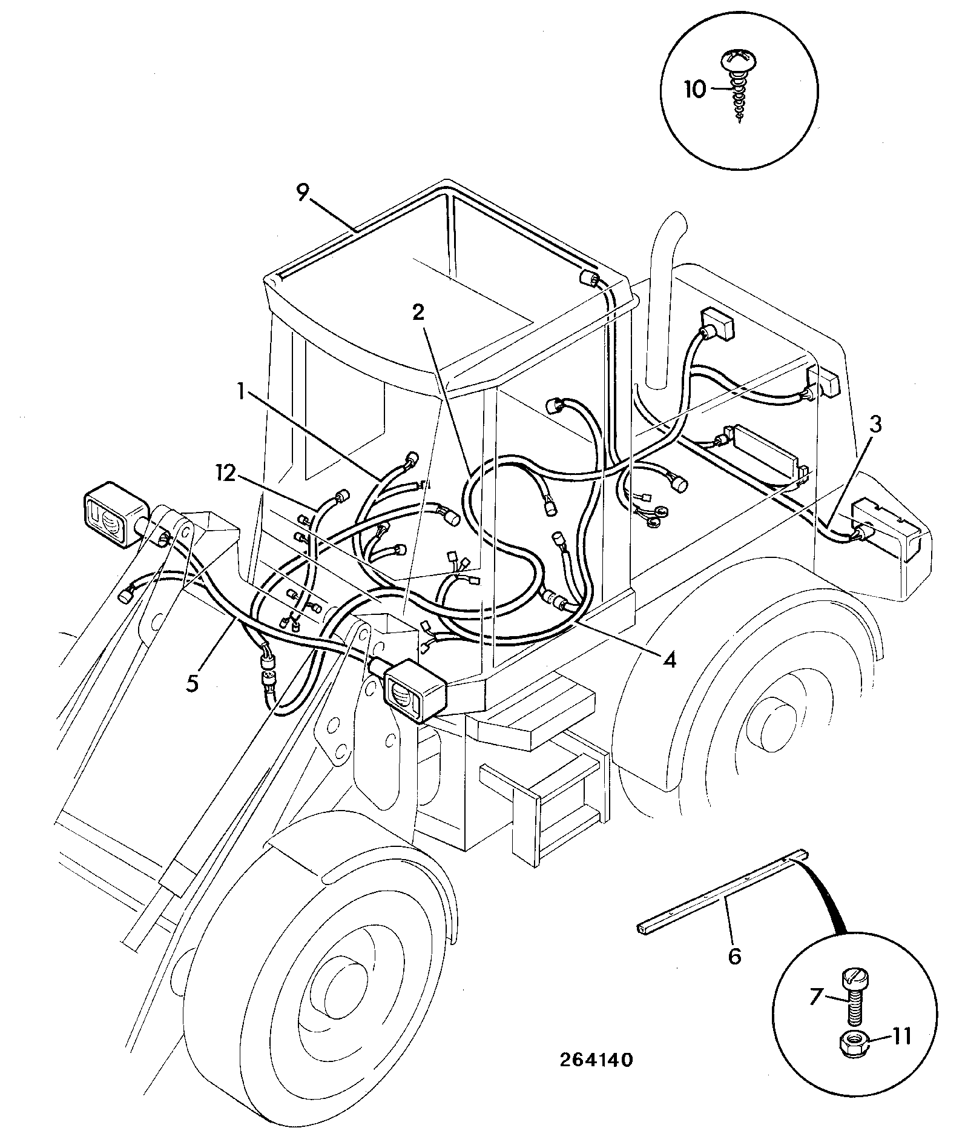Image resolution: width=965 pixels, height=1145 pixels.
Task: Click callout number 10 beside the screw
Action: click(696, 90)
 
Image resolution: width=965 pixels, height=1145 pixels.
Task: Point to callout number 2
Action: click(418, 313)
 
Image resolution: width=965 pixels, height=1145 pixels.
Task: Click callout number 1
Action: click(241, 392)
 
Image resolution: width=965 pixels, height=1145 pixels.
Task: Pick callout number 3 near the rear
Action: click(875, 425)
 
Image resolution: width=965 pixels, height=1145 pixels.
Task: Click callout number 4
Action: click(669, 659)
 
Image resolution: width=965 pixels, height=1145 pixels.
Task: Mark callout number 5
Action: click(192, 683)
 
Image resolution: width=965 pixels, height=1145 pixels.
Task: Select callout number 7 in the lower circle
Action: click(815, 996)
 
